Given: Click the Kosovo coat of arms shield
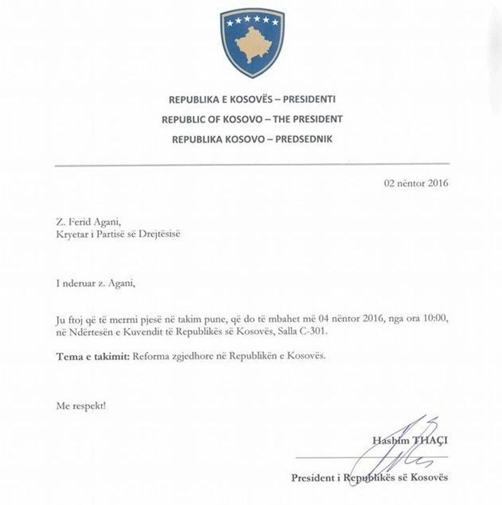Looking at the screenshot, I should (x=252, y=43).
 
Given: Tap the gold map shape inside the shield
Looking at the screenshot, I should (x=253, y=46).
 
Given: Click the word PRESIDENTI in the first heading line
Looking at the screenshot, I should (x=308, y=99).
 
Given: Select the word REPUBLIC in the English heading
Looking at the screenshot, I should (x=184, y=119).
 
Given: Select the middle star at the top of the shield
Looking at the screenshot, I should (x=253, y=21).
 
